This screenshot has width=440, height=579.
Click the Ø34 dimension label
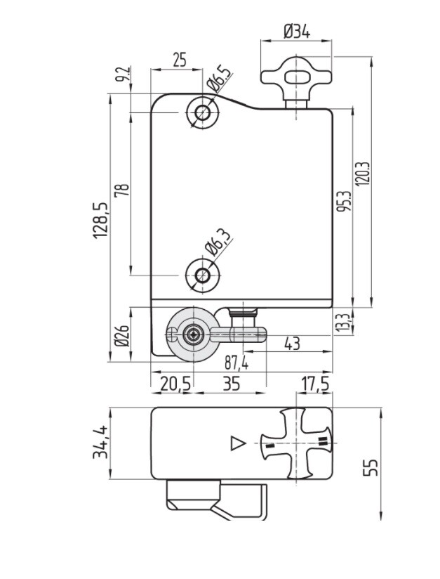click(x=297, y=32)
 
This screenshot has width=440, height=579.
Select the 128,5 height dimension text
click(x=100, y=220)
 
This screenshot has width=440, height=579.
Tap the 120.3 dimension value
click(x=362, y=174)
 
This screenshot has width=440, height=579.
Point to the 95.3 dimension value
click(x=344, y=201)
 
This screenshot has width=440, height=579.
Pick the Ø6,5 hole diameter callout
click(x=219, y=78)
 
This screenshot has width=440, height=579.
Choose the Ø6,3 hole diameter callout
click(x=219, y=242)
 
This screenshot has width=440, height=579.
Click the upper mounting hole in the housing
click(x=203, y=112)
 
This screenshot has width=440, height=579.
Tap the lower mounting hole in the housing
click(x=203, y=275)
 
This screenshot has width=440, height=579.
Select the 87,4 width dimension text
click(x=236, y=364)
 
